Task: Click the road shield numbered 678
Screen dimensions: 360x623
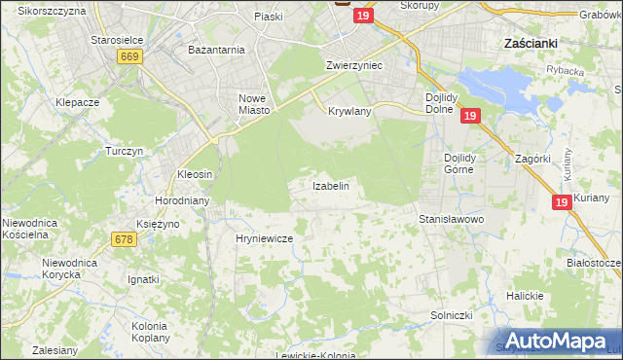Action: click(123, 239)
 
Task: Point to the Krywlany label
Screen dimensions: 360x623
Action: click(349, 111)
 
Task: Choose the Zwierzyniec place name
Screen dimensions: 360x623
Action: click(352, 64)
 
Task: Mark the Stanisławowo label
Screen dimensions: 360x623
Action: click(451, 220)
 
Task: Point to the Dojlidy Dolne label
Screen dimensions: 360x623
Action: click(448, 103)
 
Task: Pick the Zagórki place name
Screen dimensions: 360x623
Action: click(533, 158)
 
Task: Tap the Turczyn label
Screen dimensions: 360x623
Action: click(125, 152)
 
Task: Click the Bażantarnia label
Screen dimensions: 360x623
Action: click(216, 48)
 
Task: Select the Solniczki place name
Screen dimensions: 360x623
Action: click(451, 316)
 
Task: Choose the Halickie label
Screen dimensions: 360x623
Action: click(524, 296)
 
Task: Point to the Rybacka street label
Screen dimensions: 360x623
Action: click(565, 69)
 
